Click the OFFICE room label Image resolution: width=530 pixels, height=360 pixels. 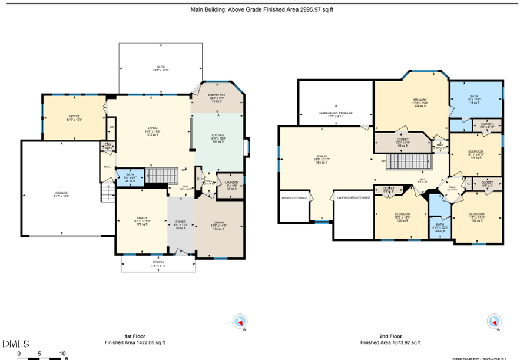tap(74, 117)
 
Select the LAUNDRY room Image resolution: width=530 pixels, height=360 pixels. tap(231, 183)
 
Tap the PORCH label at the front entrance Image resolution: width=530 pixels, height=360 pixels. tap(158, 263)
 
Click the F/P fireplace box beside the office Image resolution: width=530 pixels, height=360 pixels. tap(111, 127)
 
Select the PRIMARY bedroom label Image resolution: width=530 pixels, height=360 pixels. tap(419, 101)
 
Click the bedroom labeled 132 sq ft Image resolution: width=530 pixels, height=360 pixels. tap(477, 215)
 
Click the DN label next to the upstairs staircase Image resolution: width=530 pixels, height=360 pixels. tap(383, 161)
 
